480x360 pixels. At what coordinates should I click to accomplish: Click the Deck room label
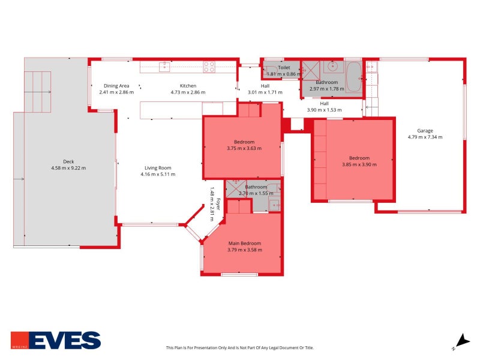pyautogui.click(x=68, y=161)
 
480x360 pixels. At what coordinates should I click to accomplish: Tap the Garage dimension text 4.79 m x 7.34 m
pyautogui.click(x=425, y=137)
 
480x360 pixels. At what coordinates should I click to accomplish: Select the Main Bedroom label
pyautogui.click(x=244, y=243)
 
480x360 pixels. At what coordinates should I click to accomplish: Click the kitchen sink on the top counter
pyautogui.click(x=164, y=67)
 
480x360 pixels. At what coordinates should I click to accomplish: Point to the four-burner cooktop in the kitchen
pyautogui.click(x=209, y=67)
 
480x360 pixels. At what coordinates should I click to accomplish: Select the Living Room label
pyautogui.click(x=158, y=167)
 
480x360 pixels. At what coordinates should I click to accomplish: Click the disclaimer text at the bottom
pyautogui.click(x=239, y=348)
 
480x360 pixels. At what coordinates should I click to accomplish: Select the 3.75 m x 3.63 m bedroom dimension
pyautogui.click(x=244, y=148)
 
